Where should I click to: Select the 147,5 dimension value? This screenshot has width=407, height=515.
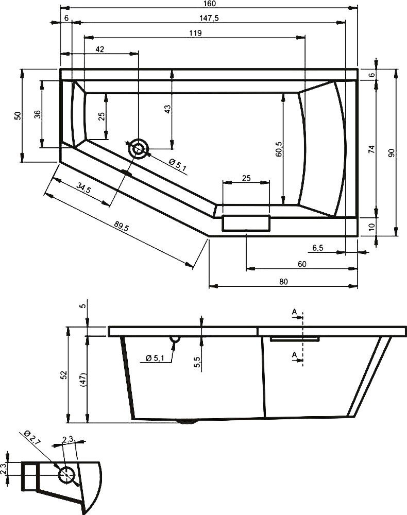pyautogui.click(x=209, y=18)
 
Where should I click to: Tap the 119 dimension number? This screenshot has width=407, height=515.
pyautogui.click(x=195, y=33)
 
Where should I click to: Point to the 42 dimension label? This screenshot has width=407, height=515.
pyautogui.click(x=100, y=49)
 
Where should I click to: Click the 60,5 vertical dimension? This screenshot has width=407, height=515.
pyautogui.click(x=279, y=149)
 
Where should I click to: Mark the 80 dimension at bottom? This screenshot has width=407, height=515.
pyautogui.click(x=282, y=281)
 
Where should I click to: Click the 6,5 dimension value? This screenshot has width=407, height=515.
pyautogui.click(x=318, y=248)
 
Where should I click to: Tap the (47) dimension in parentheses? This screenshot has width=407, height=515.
pyautogui.click(x=82, y=380)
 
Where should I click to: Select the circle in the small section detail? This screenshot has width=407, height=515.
pyautogui.click(x=66, y=474)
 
